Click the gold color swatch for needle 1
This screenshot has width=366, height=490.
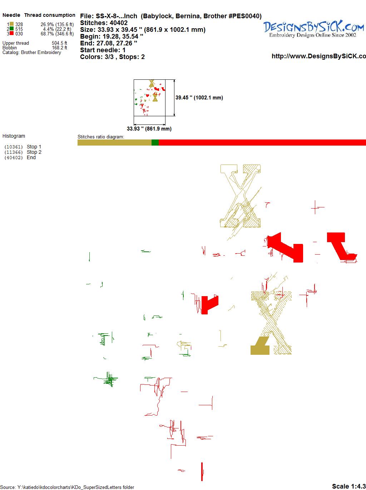click(11, 24)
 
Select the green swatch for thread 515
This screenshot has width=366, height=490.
click(11, 29)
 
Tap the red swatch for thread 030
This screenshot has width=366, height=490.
click(11, 34)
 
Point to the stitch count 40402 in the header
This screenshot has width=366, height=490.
click(118, 23)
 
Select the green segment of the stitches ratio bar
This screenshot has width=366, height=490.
click(155, 142)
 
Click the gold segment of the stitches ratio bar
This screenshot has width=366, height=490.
click(114, 142)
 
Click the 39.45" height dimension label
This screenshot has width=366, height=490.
click(199, 98)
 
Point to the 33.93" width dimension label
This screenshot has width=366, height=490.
click(149, 129)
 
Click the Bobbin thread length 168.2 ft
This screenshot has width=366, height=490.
click(60, 48)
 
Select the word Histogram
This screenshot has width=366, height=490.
click(14, 136)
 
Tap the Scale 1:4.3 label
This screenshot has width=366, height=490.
click(349, 486)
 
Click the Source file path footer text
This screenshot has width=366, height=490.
click(67, 487)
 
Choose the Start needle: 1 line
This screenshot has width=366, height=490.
click(103, 50)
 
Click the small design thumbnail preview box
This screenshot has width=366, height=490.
click(149, 98)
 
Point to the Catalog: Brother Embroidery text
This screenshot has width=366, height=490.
click(32, 53)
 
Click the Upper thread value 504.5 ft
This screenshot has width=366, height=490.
click(59, 43)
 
